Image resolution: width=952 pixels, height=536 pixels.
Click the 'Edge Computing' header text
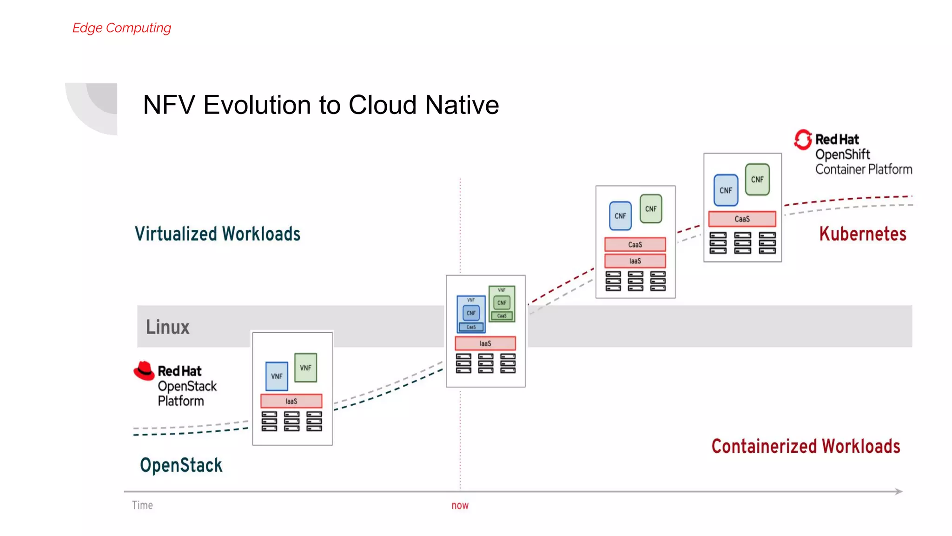tap(122, 28)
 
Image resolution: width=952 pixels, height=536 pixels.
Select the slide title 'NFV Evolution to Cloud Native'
tap(321, 105)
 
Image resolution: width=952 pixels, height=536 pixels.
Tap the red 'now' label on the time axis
tap(460, 505)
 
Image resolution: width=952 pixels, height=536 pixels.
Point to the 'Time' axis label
tap(142, 505)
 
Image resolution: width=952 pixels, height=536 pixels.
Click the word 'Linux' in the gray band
tap(167, 327)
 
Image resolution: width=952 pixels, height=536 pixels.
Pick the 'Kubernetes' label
tap(862, 234)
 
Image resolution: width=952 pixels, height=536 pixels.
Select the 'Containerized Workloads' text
tap(806, 446)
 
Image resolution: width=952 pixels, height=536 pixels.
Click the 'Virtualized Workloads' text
tap(218, 234)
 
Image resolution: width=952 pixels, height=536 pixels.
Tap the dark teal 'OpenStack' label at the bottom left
tap(181, 465)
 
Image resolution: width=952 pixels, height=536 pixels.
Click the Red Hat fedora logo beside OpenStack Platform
tap(144, 371)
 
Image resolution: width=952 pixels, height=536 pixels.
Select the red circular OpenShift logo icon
tap(803, 140)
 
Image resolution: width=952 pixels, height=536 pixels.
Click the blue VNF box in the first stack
tap(277, 376)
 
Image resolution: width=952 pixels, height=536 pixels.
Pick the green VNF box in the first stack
tap(305, 368)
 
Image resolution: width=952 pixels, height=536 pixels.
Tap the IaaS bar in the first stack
tap(291, 401)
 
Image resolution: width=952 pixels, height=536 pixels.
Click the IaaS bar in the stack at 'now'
tap(485, 343)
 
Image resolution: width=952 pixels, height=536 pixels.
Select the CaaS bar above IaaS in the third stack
tap(635, 244)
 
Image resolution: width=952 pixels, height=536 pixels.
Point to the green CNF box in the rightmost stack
tap(757, 179)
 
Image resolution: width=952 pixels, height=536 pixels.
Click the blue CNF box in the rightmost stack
tap(726, 190)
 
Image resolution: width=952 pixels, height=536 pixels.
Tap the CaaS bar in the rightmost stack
tap(742, 219)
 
